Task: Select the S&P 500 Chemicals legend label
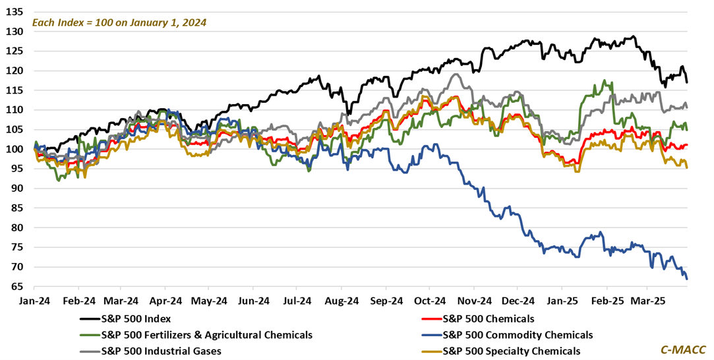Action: [487, 319]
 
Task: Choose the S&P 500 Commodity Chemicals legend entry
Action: [518, 335]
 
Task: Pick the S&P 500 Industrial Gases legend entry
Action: [161, 351]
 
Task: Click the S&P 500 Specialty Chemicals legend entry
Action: [512, 351]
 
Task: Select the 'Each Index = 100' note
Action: [119, 22]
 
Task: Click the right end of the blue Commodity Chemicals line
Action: [687, 279]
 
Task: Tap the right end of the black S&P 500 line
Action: [687, 82]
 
